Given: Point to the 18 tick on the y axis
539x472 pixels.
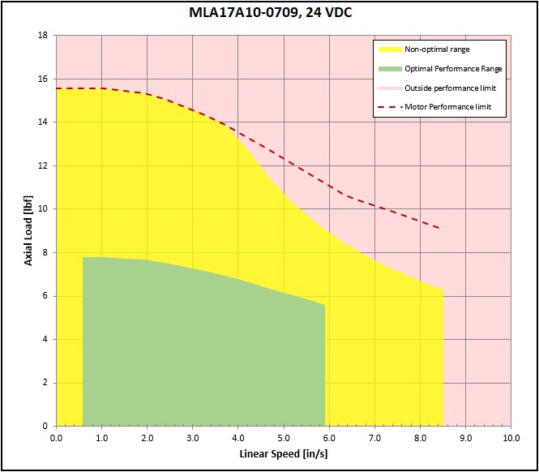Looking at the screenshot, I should (41, 36).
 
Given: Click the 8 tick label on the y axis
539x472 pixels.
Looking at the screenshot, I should (44, 252).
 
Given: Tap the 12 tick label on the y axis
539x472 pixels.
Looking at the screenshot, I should (41, 165).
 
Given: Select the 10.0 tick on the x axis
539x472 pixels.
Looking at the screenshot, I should (511, 437).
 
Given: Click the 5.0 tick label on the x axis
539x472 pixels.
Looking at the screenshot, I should (284, 437).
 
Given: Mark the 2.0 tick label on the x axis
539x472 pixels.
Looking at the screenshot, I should (147, 437).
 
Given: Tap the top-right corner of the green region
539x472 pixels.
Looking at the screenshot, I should (324, 305).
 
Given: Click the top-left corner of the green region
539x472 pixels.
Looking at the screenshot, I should (83, 257).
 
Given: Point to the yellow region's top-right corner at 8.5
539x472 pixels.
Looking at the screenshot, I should (443, 290).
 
